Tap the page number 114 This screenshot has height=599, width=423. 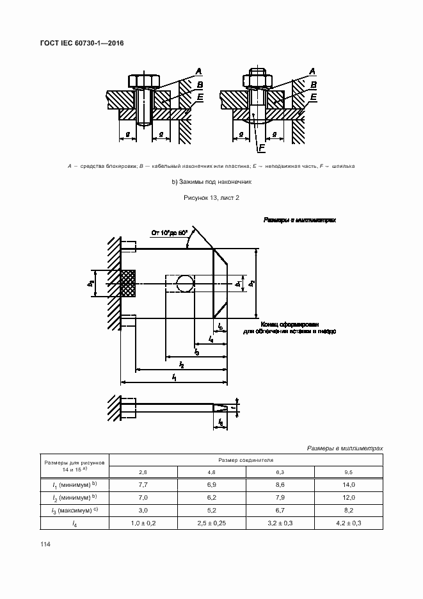click(45, 544)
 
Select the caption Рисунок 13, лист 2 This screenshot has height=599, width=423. click(211, 198)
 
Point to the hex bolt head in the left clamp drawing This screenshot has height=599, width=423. click(144, 81)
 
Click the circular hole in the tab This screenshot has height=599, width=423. click(185, 283)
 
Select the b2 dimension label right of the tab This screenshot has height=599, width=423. click(252, 283)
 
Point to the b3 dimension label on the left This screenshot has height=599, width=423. click(92, 283)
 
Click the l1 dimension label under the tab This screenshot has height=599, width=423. click(174, 379)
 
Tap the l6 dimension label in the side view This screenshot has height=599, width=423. click(220, 422)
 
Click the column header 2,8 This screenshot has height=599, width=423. click(143, 472)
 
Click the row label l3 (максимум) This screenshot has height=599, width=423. click(74, 510)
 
